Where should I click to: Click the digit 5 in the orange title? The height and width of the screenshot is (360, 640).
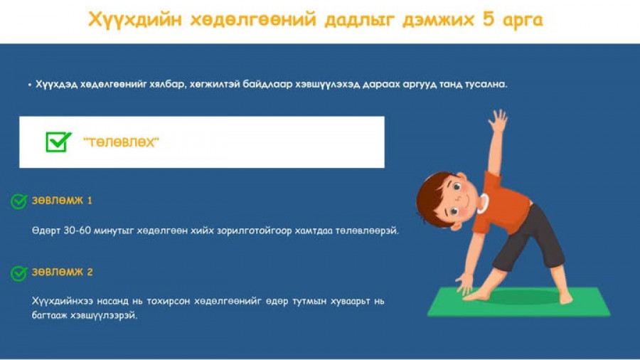pyautogui.click(x=488, y=19)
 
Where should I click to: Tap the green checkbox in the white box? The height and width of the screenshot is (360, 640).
pyautogui.click(x=58, y=142)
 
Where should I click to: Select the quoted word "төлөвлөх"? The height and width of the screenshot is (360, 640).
pyautogui.click(x=121, y=142)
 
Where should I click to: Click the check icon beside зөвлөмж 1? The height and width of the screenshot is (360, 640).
pyautogui.click(x=18, y=201)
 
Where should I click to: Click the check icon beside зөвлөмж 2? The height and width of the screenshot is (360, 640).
pyautogui.click(x=18, y=273)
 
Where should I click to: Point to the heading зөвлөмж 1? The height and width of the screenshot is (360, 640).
pyautogui.click(x=62, y=201)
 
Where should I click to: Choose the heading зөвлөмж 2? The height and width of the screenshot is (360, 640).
pyautogui.click(x=62, y=272)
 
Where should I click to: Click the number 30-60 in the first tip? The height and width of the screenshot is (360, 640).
pyautogui.click(x=77, y=231)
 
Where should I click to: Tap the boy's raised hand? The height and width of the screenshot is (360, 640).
pyautogui.click(x=498, y=121)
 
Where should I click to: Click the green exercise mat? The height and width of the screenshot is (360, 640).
pyautogui.click(x=518, y=302)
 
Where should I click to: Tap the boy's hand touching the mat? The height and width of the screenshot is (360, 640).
pyautogui.click(x=464, y=284)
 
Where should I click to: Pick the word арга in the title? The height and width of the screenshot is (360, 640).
pyautogui.click(x=523, y=21)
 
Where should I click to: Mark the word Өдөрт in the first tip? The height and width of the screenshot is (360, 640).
pyautogui.click(x=46, y=231)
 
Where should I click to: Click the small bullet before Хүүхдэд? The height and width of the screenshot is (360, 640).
pyautogui.click(x=30, y=85)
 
